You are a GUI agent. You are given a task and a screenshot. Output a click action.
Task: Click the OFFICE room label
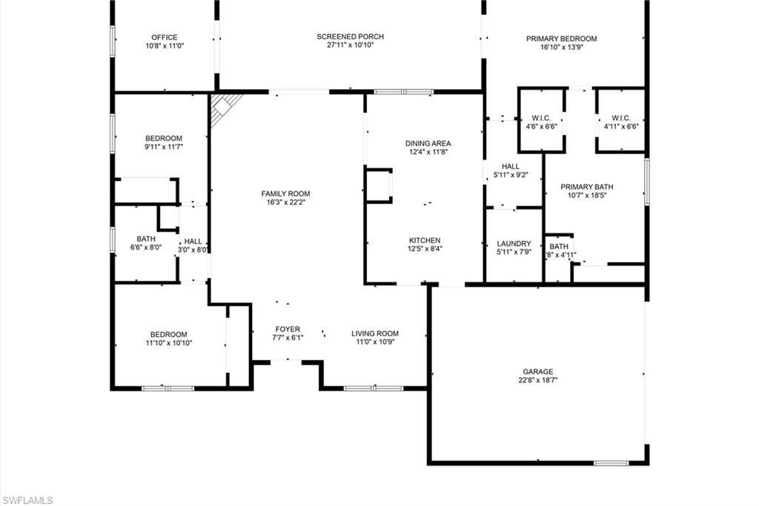(164, 37)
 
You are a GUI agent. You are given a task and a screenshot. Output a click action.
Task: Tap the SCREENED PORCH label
(350, 36)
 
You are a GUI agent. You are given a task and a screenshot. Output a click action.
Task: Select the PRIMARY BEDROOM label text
(561, 39)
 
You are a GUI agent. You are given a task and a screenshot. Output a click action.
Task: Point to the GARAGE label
(538, 372)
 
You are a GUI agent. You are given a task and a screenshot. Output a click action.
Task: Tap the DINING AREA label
(428, 143)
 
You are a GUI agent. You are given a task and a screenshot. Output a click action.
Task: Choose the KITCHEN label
(425, 240)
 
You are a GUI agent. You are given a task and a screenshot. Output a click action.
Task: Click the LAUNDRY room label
(514, 243)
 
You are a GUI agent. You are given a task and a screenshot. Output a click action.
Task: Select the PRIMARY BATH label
(586, 187)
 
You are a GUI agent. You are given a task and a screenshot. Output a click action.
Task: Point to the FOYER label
(288, 329)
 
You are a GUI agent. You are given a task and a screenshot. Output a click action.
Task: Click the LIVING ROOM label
(375, 333)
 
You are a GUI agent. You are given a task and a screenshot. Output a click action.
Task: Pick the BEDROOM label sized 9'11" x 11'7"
(164, 139)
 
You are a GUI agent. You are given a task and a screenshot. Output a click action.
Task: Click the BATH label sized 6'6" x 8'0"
(146, 239)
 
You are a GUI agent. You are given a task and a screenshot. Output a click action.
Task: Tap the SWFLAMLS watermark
(27, 500)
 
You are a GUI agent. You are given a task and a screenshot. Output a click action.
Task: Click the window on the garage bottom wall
(611, 463)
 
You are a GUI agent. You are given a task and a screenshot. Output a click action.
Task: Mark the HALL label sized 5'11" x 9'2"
(510, 166)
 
